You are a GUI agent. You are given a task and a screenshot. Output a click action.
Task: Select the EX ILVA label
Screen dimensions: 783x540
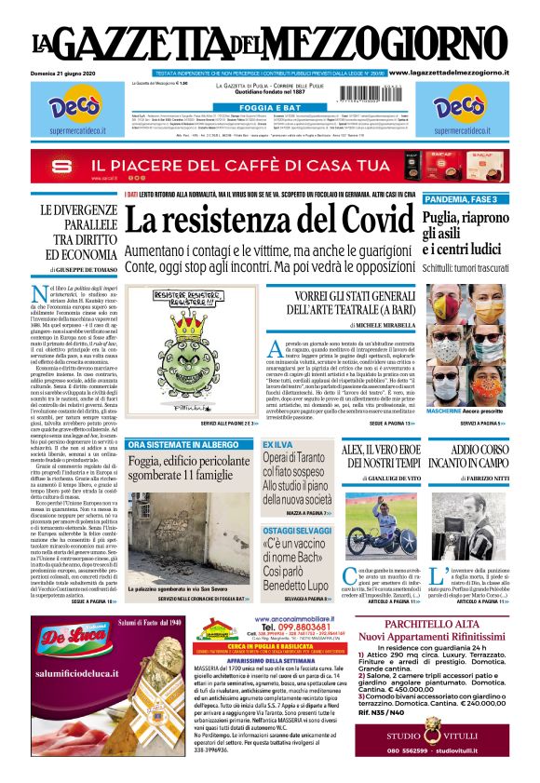pos(278,445)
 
